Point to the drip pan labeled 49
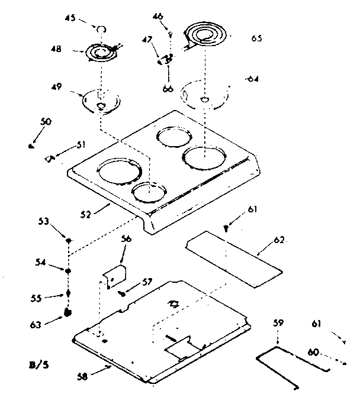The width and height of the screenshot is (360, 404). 101,99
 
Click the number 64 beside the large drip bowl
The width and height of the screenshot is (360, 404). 252,79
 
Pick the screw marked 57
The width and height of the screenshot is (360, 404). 122,291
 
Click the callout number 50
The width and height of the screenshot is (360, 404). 46,121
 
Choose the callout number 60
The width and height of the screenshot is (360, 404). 314,353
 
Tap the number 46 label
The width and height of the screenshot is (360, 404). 157,17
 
